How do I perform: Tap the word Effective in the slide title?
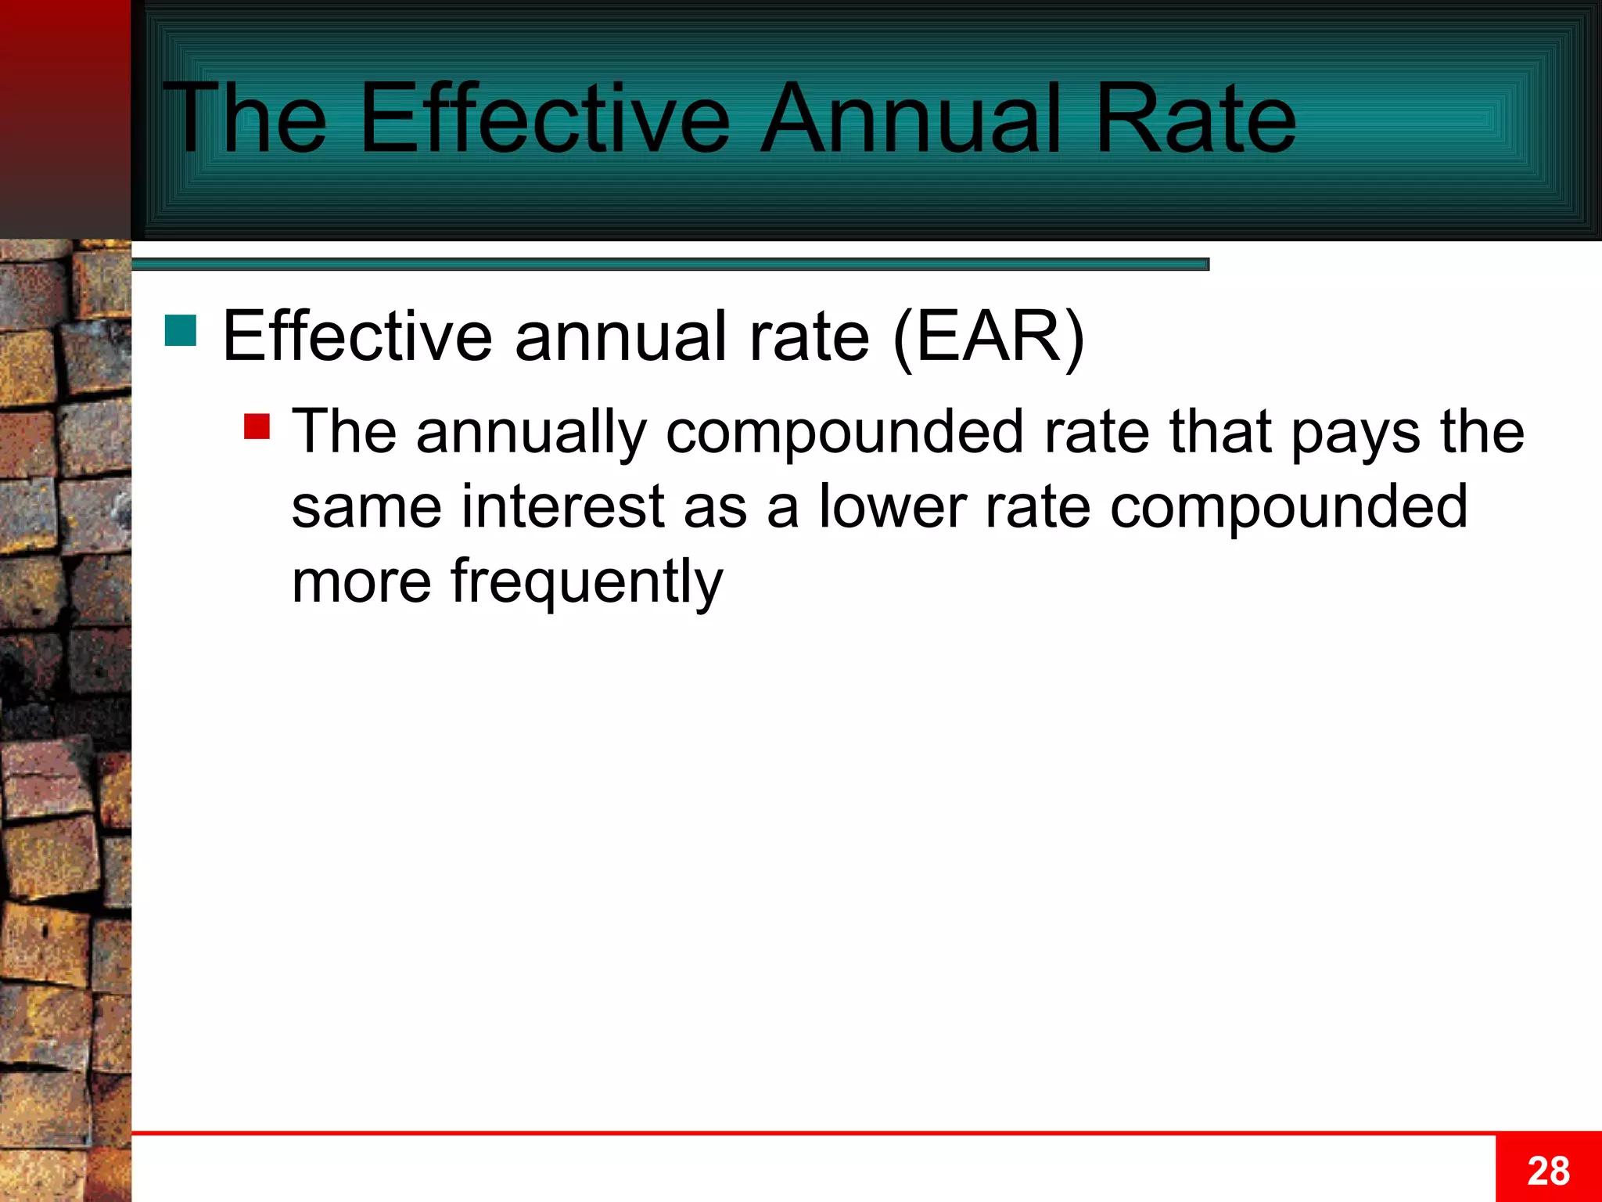[x=544, y=119]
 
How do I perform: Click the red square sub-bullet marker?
[x=257, y=426]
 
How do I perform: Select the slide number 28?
[x=1548, y=1171]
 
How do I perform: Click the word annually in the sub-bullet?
[x=531, y=432]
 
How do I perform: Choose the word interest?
[x=563, y=507]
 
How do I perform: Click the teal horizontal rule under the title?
[x=670, y=265]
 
